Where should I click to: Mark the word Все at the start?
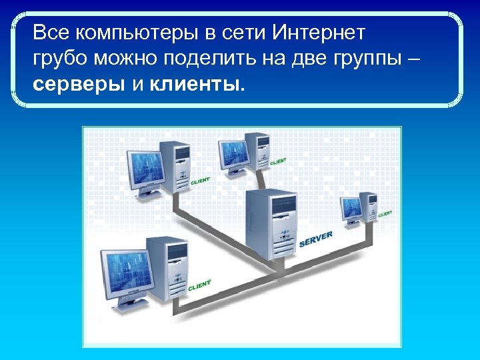click(51, 32)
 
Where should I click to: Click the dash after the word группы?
click(413, 59)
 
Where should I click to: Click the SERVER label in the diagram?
click(316, 237)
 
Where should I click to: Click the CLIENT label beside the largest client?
click(199, 285)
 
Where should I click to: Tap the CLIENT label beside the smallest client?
click(385, 214)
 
